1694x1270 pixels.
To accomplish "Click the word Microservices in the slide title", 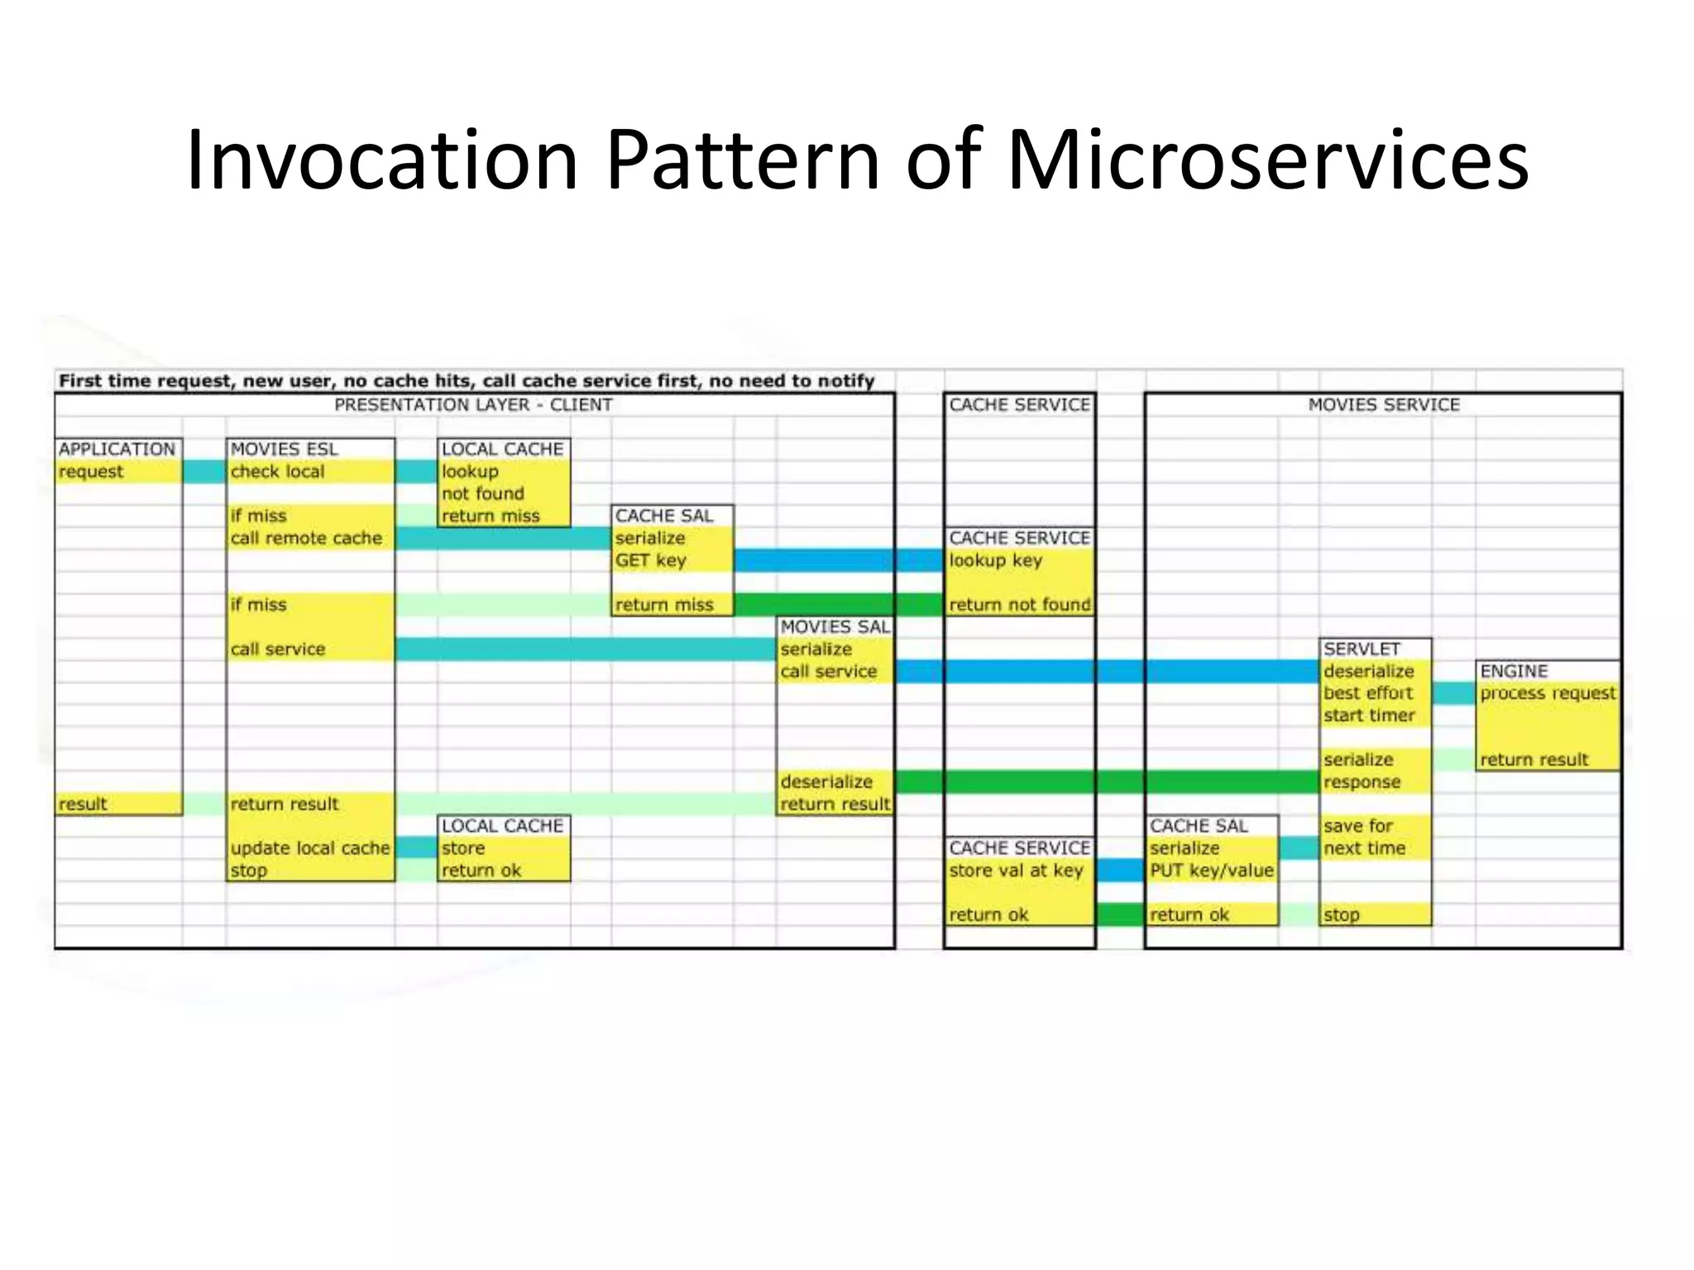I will click(1267, 161).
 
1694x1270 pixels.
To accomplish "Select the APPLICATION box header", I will click(117, 449).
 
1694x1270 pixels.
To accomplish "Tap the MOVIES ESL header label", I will click(284, 449).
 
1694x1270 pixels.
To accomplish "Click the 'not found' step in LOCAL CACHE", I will click(483, 494).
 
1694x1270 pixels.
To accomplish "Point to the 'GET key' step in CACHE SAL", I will click(651, 561).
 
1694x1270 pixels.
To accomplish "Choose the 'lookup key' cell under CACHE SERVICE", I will click(996, 561).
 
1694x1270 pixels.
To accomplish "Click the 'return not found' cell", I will click(1019, 605).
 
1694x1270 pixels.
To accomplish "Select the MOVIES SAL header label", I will click(835, 628).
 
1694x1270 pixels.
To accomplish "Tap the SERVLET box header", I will click(1361, 649).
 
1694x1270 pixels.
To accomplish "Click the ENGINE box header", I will click(1514, 671).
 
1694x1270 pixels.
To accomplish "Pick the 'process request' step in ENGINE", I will click(1548, 694).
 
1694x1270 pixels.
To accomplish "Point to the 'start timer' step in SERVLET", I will click(1369, 716).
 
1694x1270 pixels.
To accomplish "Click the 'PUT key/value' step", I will click(1211, 871).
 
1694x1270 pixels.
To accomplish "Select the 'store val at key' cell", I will click(1016, 871).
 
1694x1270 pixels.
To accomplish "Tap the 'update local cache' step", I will click(310, 848).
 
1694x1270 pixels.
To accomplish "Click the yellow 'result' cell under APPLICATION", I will click(84, 804).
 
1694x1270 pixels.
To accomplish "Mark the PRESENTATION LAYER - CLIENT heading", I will click(473, 405).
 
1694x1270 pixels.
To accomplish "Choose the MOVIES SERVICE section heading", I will click(1384, 405).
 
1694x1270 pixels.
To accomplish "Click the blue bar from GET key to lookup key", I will click(838, 561).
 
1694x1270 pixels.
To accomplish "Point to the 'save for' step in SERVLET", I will click(1358, 826).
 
